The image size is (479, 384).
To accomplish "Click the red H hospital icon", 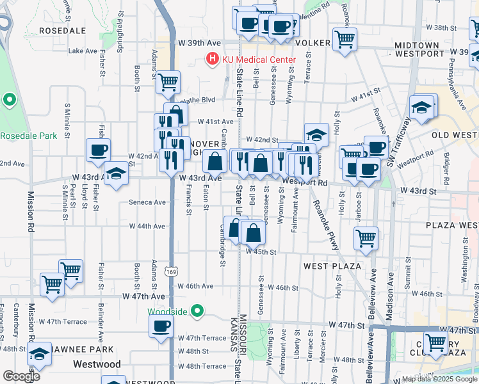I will pos(212,60).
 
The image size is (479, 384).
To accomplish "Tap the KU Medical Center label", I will pos(259,60).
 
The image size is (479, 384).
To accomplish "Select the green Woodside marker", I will pos(197,312).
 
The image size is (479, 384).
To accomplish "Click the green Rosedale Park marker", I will pos(9,100).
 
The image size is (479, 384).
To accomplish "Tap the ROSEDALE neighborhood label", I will pos(62,30).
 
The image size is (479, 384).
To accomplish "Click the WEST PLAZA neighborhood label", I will pos(332,266).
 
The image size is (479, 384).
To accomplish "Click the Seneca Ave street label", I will pos(149,202).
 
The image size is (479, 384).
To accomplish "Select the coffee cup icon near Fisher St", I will pos(98,150).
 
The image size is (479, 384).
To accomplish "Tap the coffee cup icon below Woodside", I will pos(161,325).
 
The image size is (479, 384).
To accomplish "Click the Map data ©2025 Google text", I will pos(439,379).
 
